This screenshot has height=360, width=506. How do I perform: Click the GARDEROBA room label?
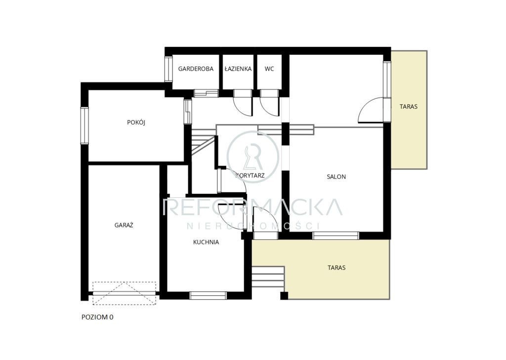[196, 69]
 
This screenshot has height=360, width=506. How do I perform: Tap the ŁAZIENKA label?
[238, 69]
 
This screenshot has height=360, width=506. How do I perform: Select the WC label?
[269, 69]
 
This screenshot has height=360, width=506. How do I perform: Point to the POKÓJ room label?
[136, 122]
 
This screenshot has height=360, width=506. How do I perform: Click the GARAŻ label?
[124, 225]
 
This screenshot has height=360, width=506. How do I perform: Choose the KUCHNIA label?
[206, 242]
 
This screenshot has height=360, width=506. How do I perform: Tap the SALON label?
[336, 177]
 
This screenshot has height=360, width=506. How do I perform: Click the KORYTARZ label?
[250, 176]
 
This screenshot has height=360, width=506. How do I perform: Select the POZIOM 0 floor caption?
[97, 317]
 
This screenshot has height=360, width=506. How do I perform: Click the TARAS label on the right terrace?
[409, 106]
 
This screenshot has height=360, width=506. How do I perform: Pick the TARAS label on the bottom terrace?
[337, 268]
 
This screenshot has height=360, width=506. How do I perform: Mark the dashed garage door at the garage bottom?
[125, 293]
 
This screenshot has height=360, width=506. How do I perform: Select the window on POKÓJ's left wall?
[84, 126]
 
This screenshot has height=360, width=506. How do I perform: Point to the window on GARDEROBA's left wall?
[169, 69]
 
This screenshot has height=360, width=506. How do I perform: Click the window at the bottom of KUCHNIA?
[208, 295]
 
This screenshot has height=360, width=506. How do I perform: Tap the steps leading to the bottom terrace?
[268, 277]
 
